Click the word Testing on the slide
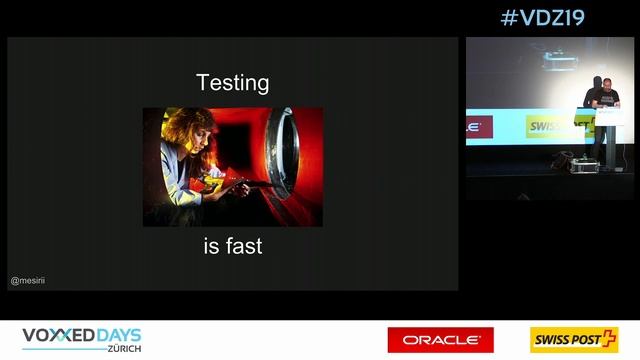tap(232, 82)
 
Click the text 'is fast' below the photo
tap(232, 245)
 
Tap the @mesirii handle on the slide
tap(28, 281)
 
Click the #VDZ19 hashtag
tap(542, 17)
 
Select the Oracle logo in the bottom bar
tap(440, 340)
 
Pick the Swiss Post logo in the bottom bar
tap(574, 340)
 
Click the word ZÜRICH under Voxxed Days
tap(124, 349)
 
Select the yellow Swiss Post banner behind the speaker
tap(550, 126)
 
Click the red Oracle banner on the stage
tap(478, 128)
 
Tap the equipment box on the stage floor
tap(564, 160)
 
